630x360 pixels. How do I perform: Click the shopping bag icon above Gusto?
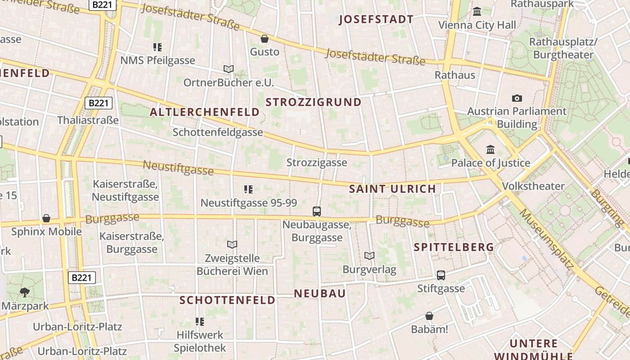[x=265, y=39]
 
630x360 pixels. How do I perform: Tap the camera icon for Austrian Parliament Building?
[x=517, y=98]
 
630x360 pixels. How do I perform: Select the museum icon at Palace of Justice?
[x=490, y=149]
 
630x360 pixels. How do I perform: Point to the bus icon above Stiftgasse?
[x=441, y=275]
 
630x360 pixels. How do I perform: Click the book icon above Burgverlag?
[x=369, y=256]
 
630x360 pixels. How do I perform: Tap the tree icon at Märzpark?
[x=25, y=292]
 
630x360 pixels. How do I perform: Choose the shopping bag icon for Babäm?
[x=429, y=316]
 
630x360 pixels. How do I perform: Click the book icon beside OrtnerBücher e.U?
[x=229, y=69]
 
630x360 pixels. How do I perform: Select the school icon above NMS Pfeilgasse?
[x=157, y=47]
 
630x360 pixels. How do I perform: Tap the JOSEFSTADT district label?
[x=376, y=19]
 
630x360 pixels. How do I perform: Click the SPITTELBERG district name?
[x=454, y=247]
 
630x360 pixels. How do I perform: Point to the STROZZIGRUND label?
[x=314, y=102]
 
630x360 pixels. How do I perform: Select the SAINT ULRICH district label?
[x=392, y=189]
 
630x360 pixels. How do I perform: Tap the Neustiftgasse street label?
[x=178, y=168]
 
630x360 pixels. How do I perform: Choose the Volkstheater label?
[x=533, y=186]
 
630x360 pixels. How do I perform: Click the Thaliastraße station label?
[x=88, y=120]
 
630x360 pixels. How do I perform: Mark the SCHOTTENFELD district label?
[x=227, y=300]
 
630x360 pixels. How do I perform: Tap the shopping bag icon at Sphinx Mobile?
[x=46, y=219]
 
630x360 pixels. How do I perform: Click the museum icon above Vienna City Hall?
[x=477, y=11]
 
